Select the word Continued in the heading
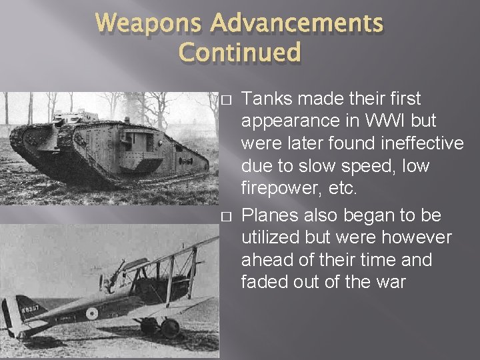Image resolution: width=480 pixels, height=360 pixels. click(241, 52)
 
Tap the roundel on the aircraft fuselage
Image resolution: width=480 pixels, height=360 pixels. click(91, 313)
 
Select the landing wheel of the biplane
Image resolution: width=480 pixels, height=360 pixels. click(170, 327)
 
